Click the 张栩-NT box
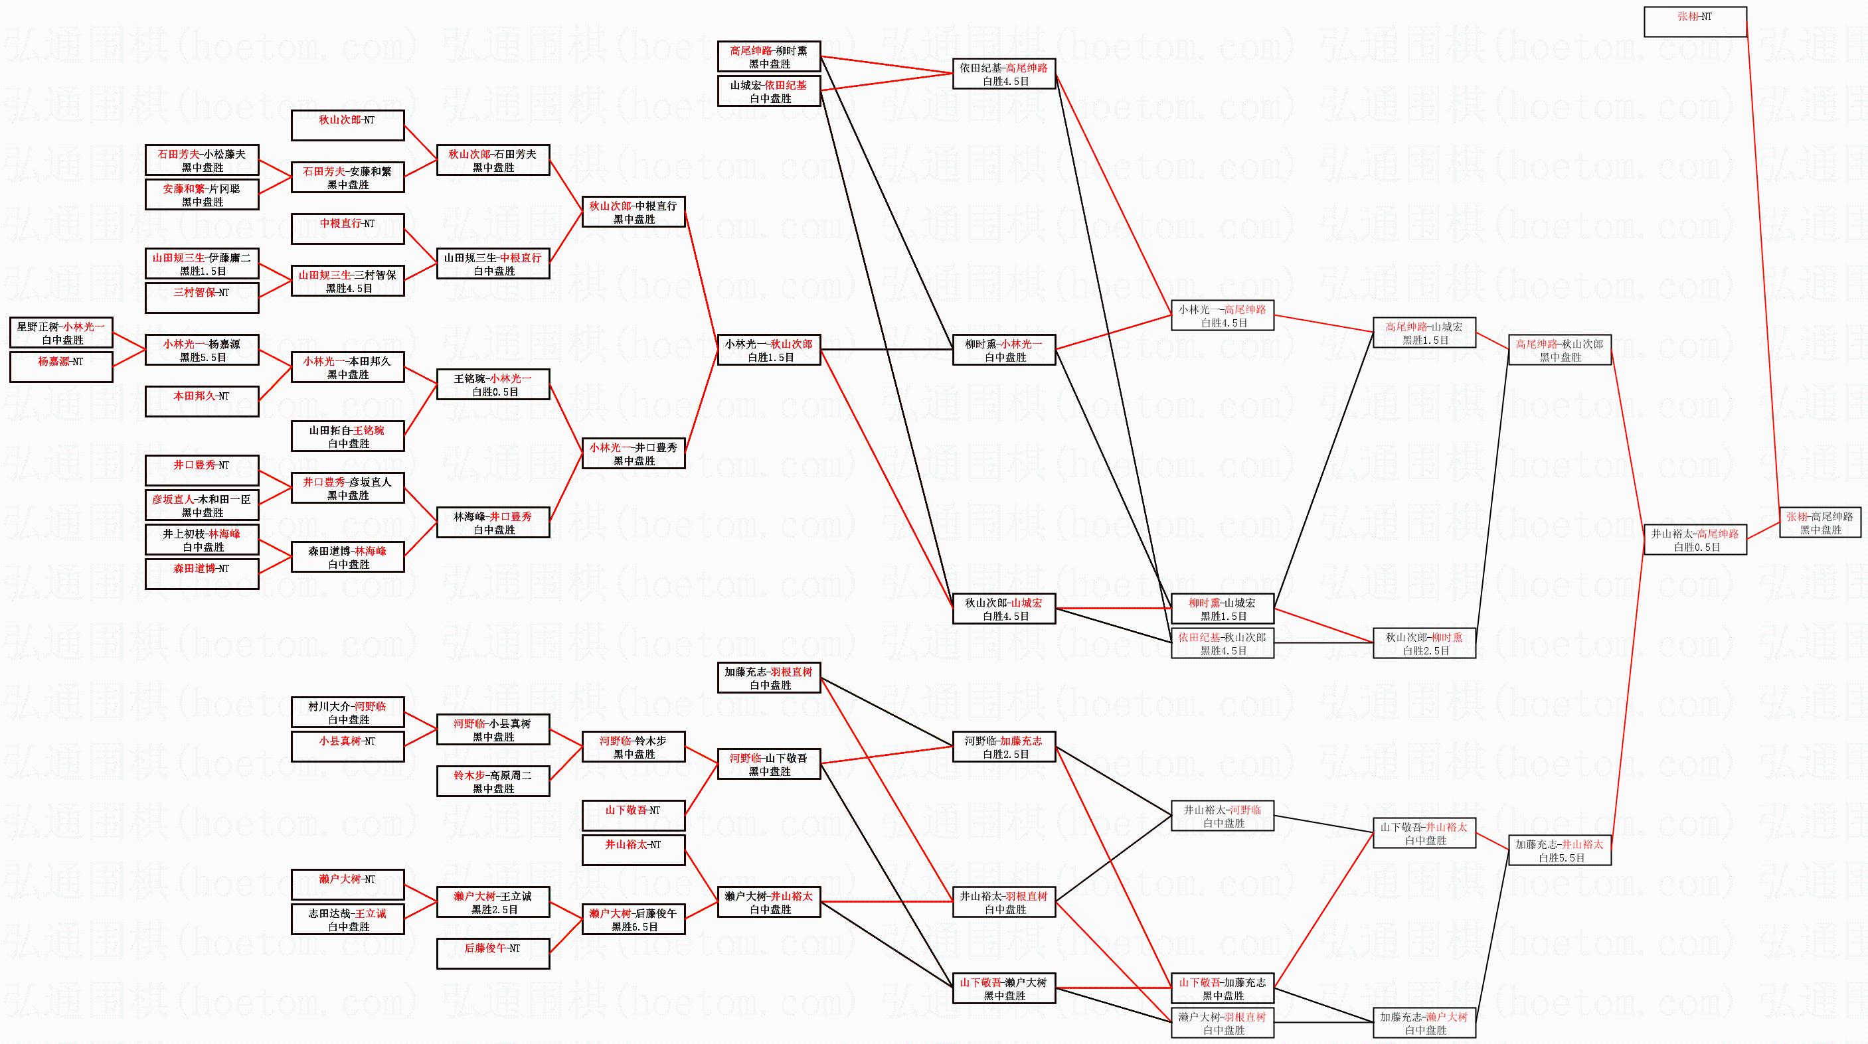tap(1695, 22)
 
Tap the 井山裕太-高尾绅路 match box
tap(1695, 540)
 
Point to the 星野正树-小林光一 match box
tap(61, 333)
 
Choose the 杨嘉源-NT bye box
tap(61, 367)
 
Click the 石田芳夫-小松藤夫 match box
tap(202, 160)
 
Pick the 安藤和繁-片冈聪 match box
tap(202, 194)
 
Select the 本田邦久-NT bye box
tap(202, 402)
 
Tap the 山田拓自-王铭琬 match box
tap(347, 437)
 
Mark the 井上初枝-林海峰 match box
tap(202, 540)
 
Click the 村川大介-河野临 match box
tap(347, 713)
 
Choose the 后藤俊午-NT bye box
tap(493, 953)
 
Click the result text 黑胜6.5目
tap(634, 927)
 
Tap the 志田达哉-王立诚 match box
tap(347, 919)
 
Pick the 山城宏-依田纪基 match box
tap(769, 92)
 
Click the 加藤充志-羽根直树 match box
tap(769, 678)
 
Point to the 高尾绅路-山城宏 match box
tap(1424, 333)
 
